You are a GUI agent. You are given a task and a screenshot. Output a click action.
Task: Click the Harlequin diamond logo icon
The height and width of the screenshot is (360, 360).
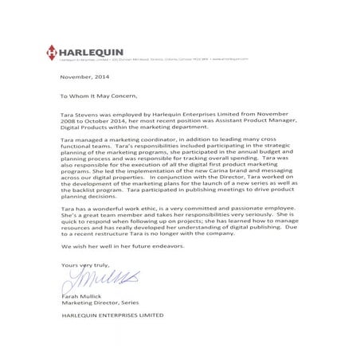pos(52,50)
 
